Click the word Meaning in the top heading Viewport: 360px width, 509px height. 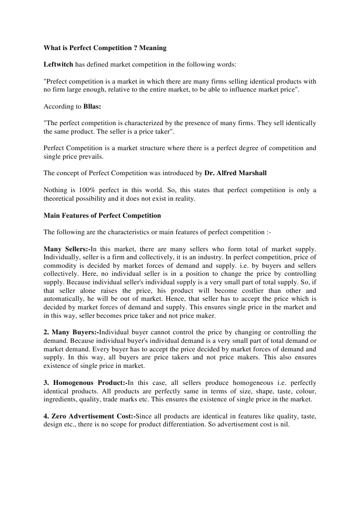[x=152, y=48]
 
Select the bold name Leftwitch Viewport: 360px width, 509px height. [x=59, y=65]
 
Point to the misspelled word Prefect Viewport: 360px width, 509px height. [x=58, y=81]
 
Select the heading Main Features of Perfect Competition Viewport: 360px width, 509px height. [x=103, y=216]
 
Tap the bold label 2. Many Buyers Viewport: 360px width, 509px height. [x=71, y=332]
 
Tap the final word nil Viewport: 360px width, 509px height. [x=285, y=424]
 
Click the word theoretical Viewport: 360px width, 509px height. [x=62, y=199]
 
